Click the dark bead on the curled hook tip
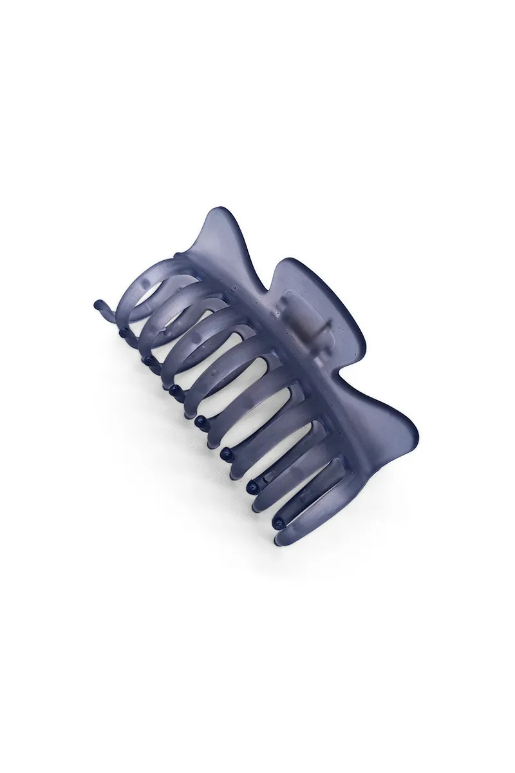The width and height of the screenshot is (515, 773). pos(98,303)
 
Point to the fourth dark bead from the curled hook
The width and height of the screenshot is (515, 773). pos(174,389)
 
